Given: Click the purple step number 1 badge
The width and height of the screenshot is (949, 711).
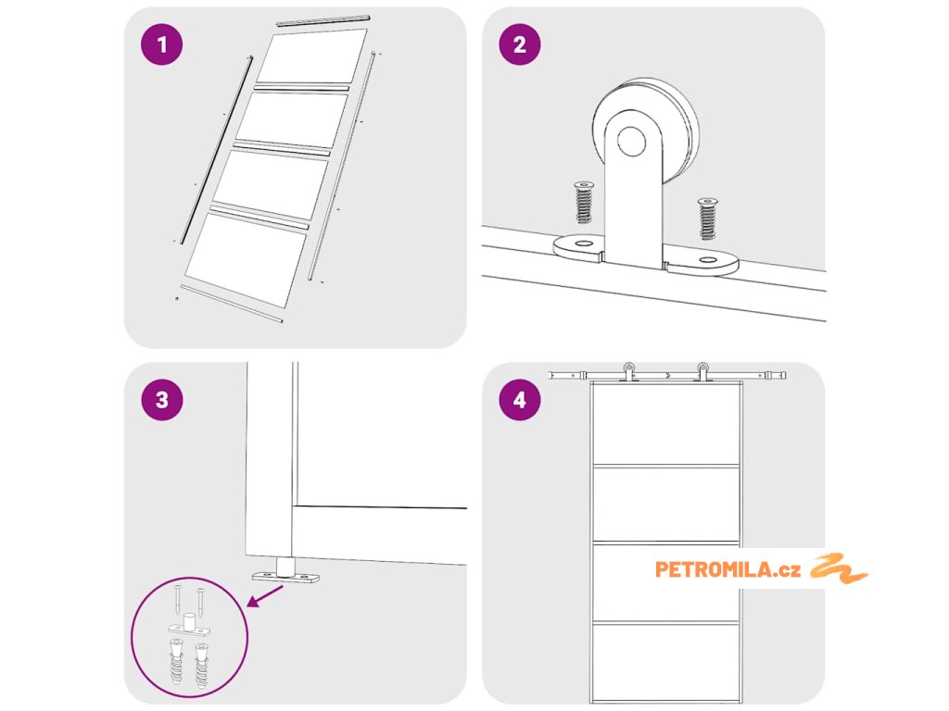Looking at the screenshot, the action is (161, 44).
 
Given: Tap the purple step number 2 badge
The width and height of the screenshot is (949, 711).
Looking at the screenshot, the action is (520, 44).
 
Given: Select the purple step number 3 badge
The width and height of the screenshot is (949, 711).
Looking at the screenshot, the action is (161, 400).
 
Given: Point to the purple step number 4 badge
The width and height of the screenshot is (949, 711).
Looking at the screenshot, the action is (520, 400).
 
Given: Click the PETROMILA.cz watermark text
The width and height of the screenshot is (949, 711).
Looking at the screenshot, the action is (728, 569).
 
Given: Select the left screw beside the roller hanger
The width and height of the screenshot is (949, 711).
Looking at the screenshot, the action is (584, 202).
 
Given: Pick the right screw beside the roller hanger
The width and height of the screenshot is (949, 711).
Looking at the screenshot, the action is (707, 218).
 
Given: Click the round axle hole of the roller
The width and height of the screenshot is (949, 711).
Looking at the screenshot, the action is (631, 141).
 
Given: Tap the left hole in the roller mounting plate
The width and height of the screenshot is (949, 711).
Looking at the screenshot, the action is (584, 243).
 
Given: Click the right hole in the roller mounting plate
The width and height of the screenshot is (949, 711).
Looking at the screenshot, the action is (707, 260).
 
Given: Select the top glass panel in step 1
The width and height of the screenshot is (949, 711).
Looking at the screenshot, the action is (311, 56).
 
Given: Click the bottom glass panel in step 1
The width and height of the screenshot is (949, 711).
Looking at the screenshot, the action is (245, 260).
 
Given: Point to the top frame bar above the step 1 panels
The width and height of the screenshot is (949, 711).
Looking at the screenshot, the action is (323, 20).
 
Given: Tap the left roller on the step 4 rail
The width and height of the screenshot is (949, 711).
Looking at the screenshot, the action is (629, 371).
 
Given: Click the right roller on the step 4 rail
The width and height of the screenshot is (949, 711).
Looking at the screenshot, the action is (702, 371).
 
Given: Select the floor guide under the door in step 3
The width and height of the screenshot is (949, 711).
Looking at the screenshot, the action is (285, 572).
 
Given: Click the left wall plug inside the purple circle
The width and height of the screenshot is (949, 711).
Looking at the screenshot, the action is (175, 661).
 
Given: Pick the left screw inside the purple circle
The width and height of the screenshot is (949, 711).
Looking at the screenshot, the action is (178, 599).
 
